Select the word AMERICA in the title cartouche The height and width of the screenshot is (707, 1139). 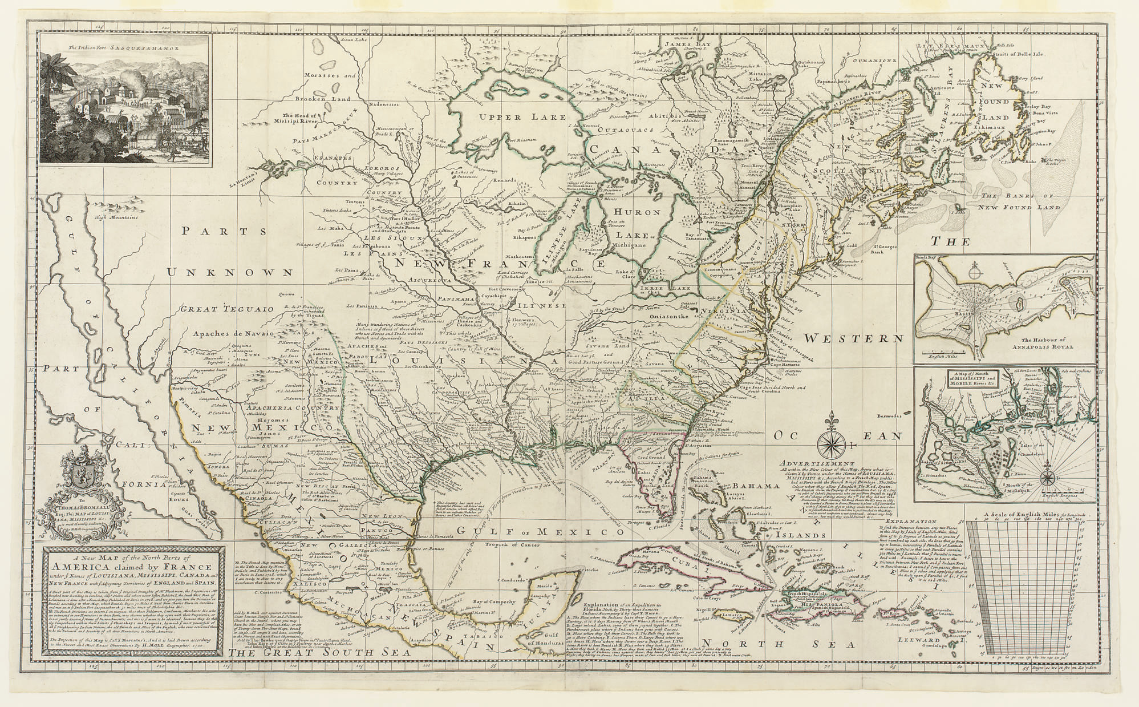pos(87,567)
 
